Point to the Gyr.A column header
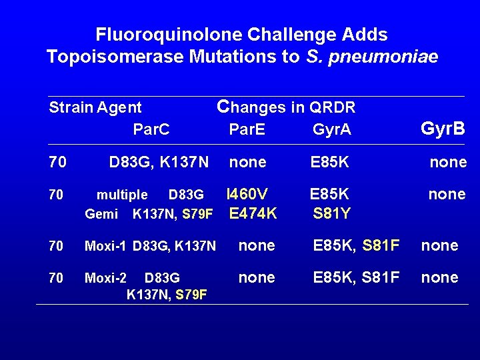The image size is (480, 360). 331,129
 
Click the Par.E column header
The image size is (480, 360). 247,129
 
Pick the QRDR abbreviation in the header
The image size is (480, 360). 331,107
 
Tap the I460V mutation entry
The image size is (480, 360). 247,194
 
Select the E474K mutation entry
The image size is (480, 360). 252,213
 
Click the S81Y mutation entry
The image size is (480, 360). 331,214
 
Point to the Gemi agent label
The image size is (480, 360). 101,215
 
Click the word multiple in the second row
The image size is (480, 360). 122,195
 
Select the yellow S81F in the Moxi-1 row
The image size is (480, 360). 381,246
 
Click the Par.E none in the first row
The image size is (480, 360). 247,162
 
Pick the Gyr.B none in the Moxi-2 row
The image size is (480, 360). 439,277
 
